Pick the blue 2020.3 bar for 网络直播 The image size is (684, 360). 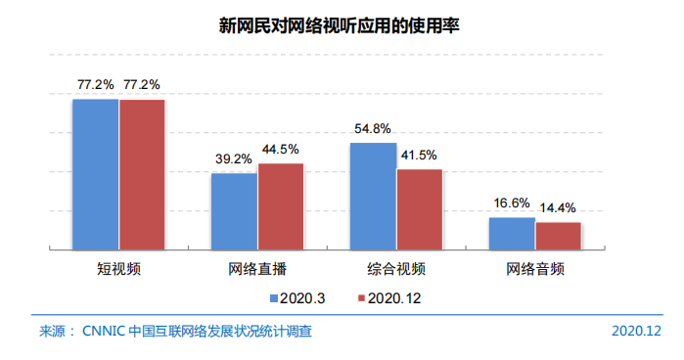pyautogui.click(x=235, y=210)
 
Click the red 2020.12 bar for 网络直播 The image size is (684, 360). pyautogui.click(x=281, y=205)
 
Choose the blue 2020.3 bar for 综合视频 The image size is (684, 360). pyautogui.click(x=374, y=195)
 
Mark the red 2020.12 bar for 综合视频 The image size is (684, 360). pyautogui.click(x=420, y=208)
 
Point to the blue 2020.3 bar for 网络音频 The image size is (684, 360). pyautogui.click(x=512, y=233)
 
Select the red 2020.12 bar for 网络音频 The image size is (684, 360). pyautogui.click(x=558, y=235)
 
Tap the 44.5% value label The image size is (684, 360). pyautogui.click(x=280, y=150)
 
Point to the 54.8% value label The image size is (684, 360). pyautogui.click(x=373, y=128)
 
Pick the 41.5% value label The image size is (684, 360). pyautogui.click(x=419, y=156)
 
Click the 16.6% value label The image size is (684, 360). pyautogui.click(x=511, y=203)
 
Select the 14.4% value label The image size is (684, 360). pyautogui.click(x=558, y=208)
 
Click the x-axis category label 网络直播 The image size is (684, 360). pyautogui.click(x=257, y=268)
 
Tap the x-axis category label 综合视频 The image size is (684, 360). pyautogui.click(x=396, y=268)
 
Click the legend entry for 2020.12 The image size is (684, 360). pyautogui.click(x=389, y=297)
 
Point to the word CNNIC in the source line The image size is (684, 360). pyautogui.click(x=105, y=332)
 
